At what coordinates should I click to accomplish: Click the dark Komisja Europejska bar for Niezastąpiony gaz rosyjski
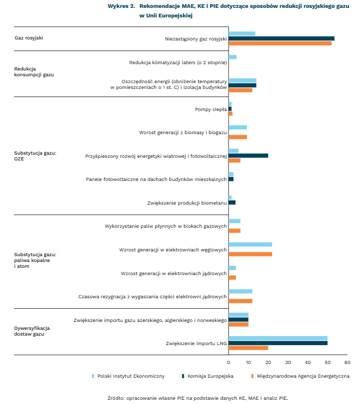coord(281,38)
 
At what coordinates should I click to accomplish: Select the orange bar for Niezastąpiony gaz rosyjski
coord(280,43)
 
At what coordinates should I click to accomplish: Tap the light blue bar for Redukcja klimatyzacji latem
coord(232,57)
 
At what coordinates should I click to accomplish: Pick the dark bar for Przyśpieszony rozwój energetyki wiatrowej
coord(248,156)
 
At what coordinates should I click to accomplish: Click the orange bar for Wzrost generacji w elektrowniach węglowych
coord(250,254)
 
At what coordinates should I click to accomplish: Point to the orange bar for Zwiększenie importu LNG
coord(248,348)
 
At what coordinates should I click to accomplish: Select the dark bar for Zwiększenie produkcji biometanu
coord(232,203)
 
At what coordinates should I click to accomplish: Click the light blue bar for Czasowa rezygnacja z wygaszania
coord(240,291)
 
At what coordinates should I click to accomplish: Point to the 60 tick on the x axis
coord(347,362)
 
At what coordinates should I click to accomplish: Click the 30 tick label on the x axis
coord(288,362)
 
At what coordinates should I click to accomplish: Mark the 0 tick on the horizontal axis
coord(229,362)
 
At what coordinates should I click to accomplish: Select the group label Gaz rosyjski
coord(29,38)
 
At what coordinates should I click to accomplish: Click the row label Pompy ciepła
coord(210,109)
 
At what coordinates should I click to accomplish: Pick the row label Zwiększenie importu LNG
coord(196,343)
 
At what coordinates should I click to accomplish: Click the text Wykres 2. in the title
coord(121,6)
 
